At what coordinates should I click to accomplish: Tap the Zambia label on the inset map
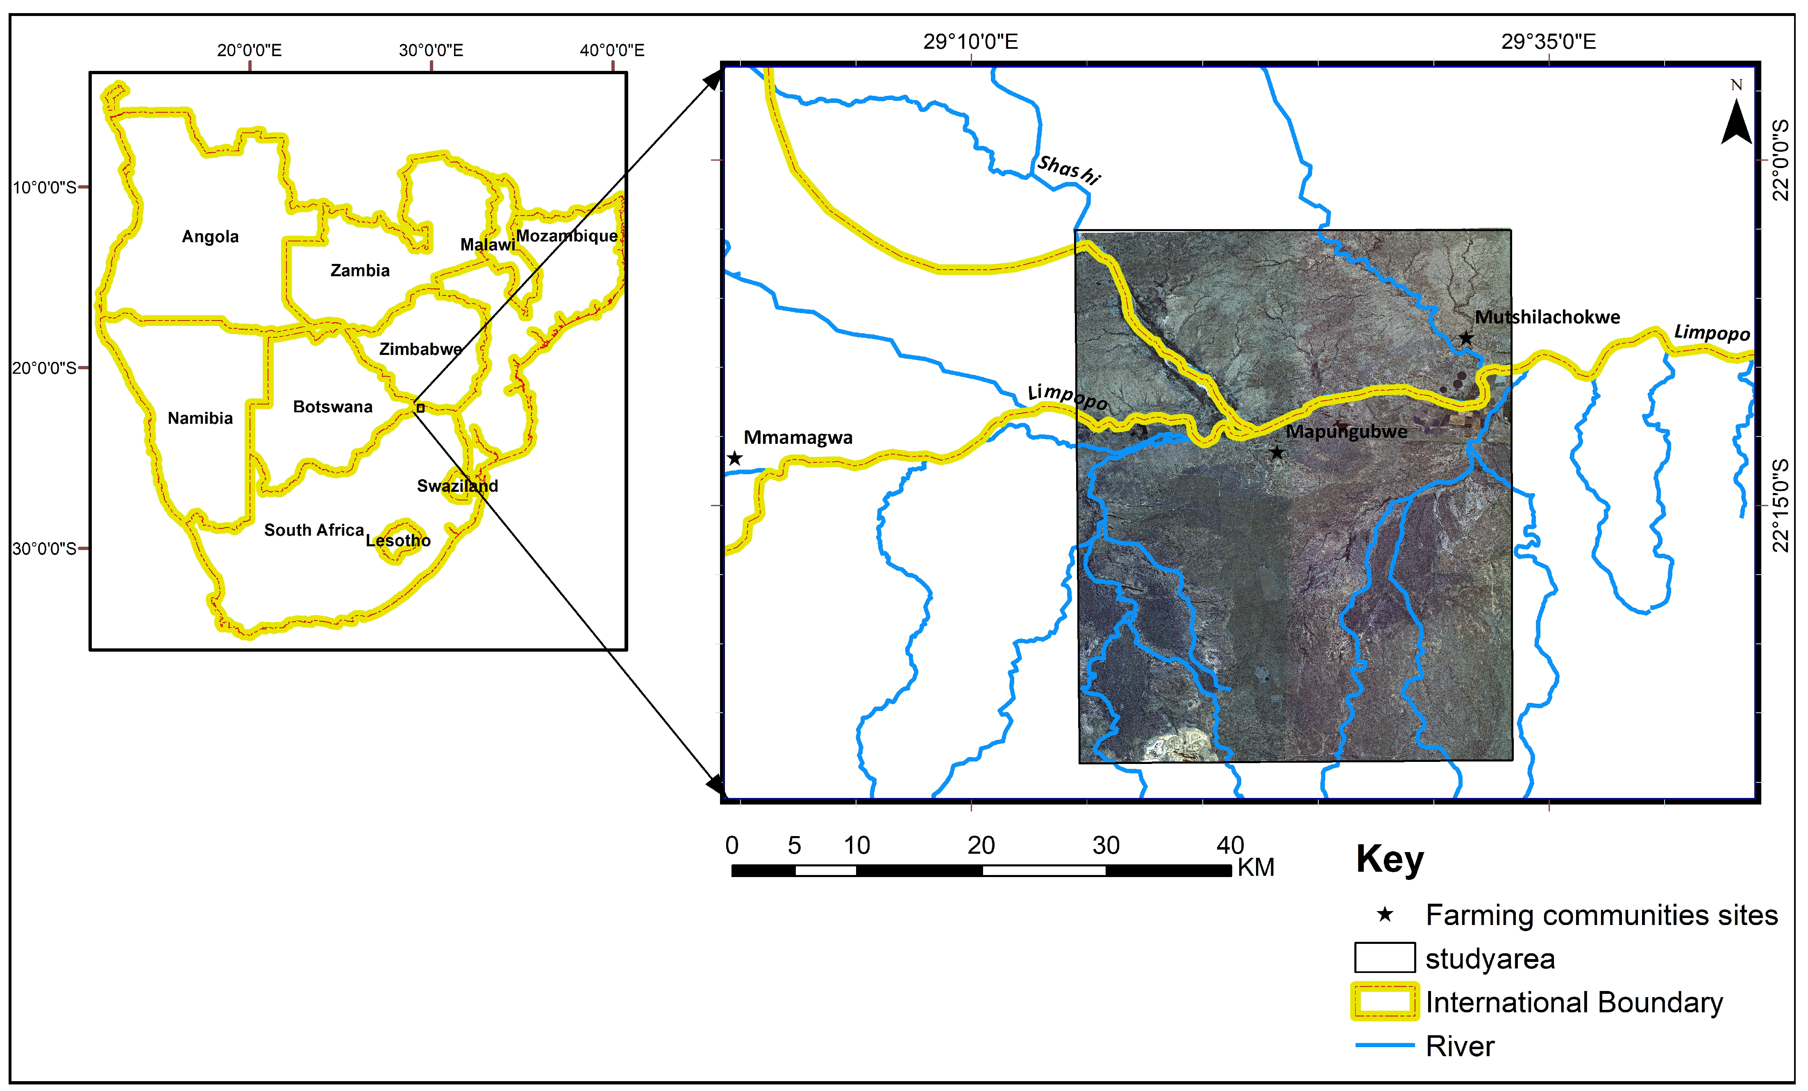pos(359,271)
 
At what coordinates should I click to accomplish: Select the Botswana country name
pos(332,407)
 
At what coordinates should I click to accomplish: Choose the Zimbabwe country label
pos(420,349)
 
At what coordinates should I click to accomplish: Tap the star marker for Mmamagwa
pos(734,459)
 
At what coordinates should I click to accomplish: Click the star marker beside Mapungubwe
pos(1277,453)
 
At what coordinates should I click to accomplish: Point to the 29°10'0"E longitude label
pos(970,42)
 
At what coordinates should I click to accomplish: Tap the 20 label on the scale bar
pos(981,845)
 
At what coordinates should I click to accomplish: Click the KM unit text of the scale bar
pos(1256,868)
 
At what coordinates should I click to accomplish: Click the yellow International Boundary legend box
pos(1385,1002)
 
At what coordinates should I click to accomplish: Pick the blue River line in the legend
pos(1385,1045)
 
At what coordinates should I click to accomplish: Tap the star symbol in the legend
pos(1385,914)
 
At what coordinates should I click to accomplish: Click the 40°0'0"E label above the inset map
pos(612,50)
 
